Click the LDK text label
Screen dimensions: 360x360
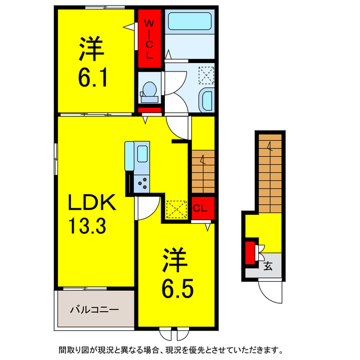[x=92, y=202]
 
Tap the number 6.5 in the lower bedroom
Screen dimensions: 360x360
[x=178, y=290]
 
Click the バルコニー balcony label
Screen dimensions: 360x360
[x=94, y=309]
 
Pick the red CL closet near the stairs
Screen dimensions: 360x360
[x=200, y=208]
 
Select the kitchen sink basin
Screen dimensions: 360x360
[x=142, y=154]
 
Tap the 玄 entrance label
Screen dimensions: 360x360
[x=268, y=267]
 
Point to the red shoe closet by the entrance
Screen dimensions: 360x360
[x=249, y=252]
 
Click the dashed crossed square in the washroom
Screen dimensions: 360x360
[x=206, y=75]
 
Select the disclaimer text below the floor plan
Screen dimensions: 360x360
[x=179, y=350]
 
